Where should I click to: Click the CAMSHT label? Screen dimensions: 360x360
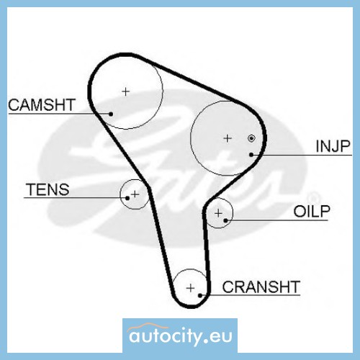click(42, 105)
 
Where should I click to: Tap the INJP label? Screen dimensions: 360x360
click(333, 146)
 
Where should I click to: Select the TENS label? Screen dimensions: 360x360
click(48, 189)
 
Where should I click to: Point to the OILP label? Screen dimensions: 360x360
click(312, 211)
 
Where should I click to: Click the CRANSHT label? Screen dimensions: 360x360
click(261, 287)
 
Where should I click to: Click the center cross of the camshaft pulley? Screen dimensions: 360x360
click(126, 91)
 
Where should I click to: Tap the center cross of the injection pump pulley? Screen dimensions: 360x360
click(228, 138)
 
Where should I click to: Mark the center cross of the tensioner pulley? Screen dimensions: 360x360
click(135, 194)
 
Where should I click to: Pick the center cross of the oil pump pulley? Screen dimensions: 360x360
click(218, 213)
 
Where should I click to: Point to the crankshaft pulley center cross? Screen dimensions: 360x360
click(191, 288)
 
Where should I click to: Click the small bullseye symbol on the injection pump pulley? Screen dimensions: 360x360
click(251, 138)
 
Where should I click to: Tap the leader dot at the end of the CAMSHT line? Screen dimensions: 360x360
click(111, 114)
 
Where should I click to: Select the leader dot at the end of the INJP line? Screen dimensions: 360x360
click(251, 155)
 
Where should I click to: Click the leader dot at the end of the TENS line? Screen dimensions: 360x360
click(127, 198)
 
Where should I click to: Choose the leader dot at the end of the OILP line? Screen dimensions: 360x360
click(225, 220)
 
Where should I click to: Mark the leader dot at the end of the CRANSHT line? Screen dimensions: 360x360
click(200, 295)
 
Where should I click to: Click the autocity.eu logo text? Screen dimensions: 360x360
click(181, 336)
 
